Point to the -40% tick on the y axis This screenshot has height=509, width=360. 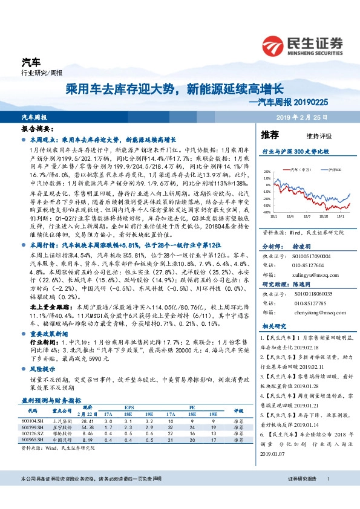(267, 213)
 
